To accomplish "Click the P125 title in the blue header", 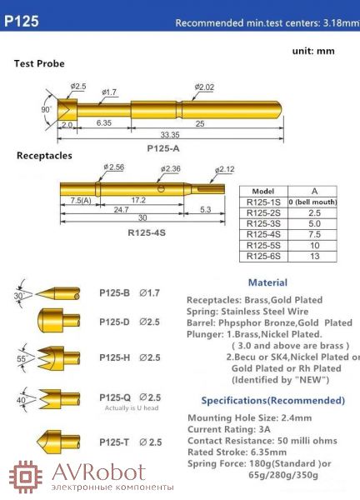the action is coord(22,21).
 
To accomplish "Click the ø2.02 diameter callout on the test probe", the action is coord(204,87).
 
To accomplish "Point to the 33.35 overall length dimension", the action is coord(170,134).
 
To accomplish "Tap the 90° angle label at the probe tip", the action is coord(46,110).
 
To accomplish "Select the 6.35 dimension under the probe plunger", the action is coord(104,122).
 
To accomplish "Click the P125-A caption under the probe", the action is coord(163,148).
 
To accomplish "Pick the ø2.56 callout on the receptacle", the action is coord(114,167).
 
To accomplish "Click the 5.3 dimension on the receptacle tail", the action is coord(205,209).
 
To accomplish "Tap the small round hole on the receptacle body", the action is coord(162,189).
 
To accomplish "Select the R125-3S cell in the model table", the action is coord(263,223).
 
